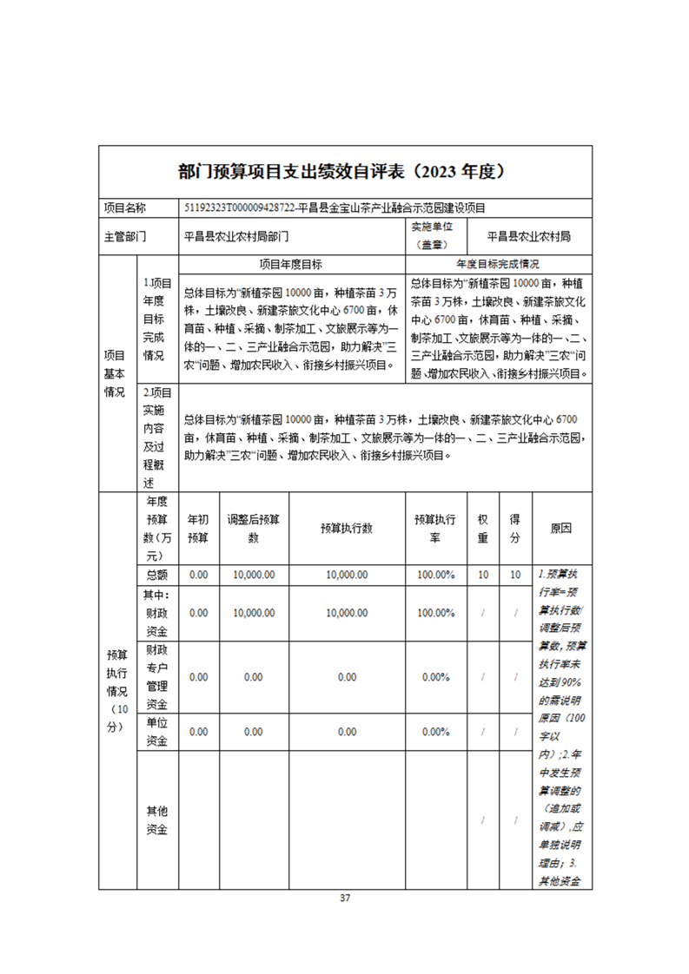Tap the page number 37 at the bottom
(x=345, y=898)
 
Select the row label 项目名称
(x=125, y=208)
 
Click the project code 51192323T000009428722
(x=239, y=208)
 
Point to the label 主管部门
(x=125, y=235)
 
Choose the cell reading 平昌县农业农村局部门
(x=236, y=235)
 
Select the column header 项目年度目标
(x=291, y=264)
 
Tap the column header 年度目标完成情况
(x=498, y=264)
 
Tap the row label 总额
(x=157, y=575)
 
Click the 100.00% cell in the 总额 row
(x=435, y=575)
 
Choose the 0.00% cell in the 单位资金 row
(x=435, y=732)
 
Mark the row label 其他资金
(x=157, y=820)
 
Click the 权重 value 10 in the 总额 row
(x=483, y=575)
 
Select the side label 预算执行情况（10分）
(x=117, y=691)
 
